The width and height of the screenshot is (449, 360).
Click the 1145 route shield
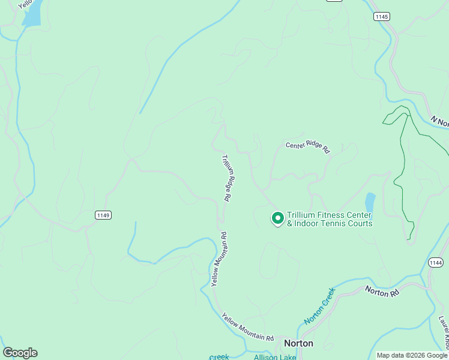point(381,16)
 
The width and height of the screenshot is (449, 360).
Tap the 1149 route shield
point(103,215)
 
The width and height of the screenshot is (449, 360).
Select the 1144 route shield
point(436,263)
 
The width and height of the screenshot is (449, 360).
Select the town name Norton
point(298,343)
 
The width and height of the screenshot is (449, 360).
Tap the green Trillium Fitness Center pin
point(277,218)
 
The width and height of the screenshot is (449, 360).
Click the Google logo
point(20,353)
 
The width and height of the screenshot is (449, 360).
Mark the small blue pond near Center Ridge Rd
point(370,202)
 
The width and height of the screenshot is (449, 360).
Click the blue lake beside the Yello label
point(32,14)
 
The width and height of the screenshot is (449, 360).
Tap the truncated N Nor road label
point(440,122)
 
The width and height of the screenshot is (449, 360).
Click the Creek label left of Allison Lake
point(219,357)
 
